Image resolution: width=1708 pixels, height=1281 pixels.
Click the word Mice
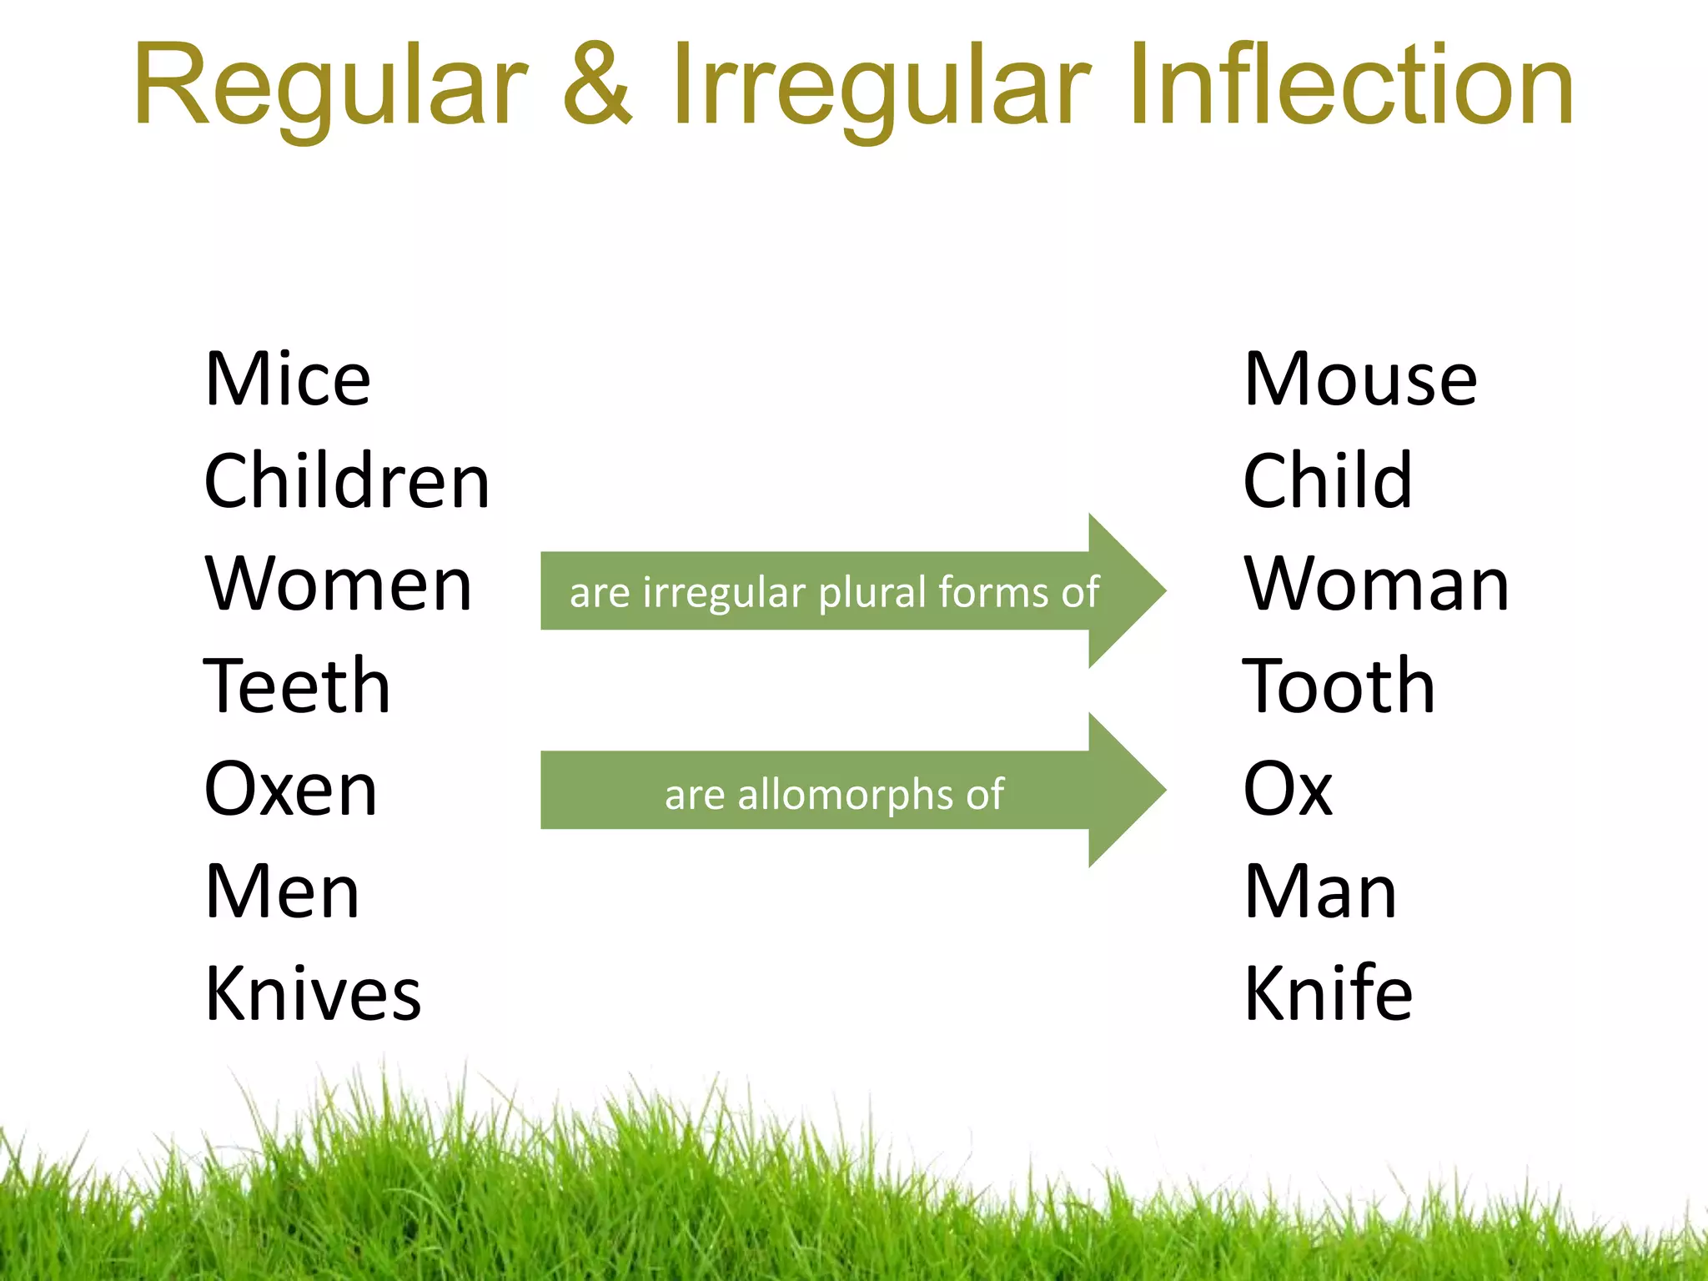click(x=288, y=379)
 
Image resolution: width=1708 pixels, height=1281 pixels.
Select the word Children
click(x=347, y=482)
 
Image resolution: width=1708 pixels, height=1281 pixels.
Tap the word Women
click(x=339, y=585)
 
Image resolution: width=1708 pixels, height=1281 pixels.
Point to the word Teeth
click(x=297, y=686)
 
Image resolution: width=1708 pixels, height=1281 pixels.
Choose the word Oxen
click(x=290, y=789)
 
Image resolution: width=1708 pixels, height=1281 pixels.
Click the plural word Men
click(x=282, y=892)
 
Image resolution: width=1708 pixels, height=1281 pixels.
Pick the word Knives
click(x=313, y=993)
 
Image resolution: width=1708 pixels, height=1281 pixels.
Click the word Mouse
click(x=1360, y=379)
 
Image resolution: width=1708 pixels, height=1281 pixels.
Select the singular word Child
click(x=1328, y=482)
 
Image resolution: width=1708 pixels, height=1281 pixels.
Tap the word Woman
click(x=1376, y=585)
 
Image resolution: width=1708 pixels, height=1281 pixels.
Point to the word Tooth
click(x=1339, y=686)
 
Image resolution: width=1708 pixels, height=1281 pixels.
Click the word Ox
click(x=1288, y=789)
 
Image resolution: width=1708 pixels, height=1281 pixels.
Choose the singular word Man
click(x=1320, y=892)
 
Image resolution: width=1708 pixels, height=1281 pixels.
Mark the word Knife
click(x=1328, y=993)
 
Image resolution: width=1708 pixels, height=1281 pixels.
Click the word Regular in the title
click(x=330, y=88)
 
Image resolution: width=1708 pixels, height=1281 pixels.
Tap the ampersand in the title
click(x=597, y=88)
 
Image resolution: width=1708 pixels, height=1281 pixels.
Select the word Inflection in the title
click(x=1351, y=88)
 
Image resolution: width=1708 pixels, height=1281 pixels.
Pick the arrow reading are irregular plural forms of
click(x=834, y=591)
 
